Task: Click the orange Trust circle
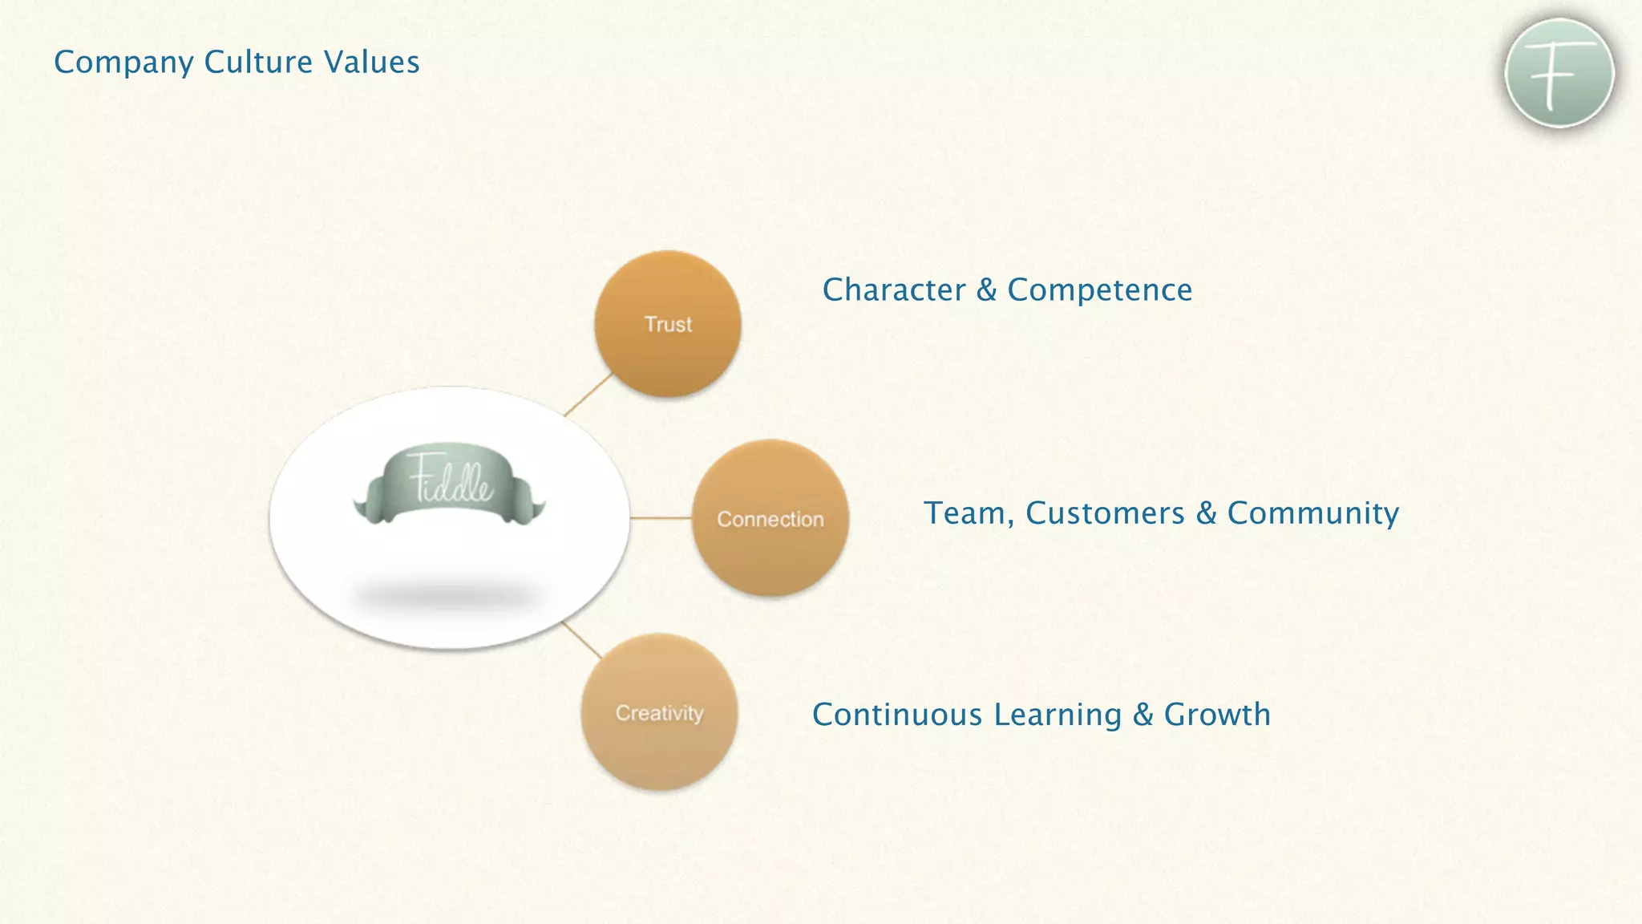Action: click(667, 323)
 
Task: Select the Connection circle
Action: click(770, 518)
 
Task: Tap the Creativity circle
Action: click(659, 712)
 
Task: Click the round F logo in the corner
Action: click(1559, 73)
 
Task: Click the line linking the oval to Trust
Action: click(589, 394)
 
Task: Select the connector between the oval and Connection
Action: click(661, 518)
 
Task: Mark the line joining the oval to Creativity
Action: click(581, 639)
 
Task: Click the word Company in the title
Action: click(123, 63)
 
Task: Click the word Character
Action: click(894, 290)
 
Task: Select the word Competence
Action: click(1099, 290)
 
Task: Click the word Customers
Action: click(1105, 513)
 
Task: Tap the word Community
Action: click(1312, 513)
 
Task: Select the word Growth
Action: click(1217, 715)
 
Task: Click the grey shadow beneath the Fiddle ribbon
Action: click(446, 595)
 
